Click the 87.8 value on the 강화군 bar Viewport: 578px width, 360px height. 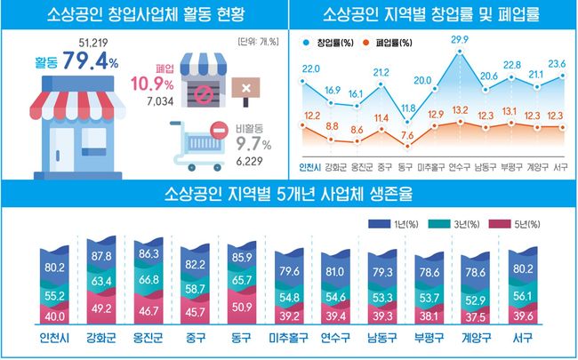click(99, 257)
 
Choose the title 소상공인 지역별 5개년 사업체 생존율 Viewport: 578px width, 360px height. click(288, 194)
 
